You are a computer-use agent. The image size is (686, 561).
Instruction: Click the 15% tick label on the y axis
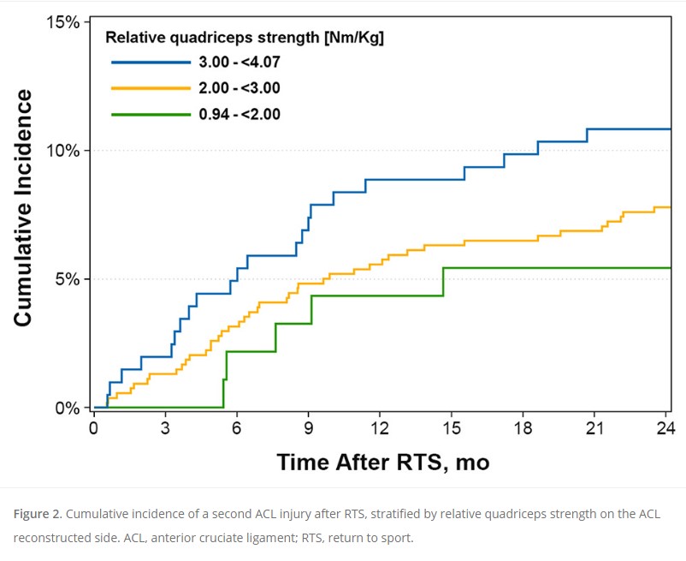tap(62, 22)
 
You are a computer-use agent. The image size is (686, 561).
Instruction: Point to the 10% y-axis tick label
tap(62, 151)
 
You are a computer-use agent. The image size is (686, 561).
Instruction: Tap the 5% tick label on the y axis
tap(66, 279)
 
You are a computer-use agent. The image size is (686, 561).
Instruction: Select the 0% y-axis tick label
tap(66, 408)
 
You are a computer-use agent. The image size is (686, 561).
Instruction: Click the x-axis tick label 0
tap(93, 427)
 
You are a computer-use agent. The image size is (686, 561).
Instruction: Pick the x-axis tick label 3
tap(165, 427)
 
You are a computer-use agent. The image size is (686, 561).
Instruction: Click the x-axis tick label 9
tap(308, 427)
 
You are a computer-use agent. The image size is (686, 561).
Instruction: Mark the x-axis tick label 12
tap(380, 427)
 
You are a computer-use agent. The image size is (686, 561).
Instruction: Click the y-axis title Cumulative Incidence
tap(23, 208)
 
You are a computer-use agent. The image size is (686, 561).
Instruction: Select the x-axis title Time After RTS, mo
tap(382, 463)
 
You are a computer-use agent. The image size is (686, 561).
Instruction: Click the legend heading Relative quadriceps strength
tap(244, 38)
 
